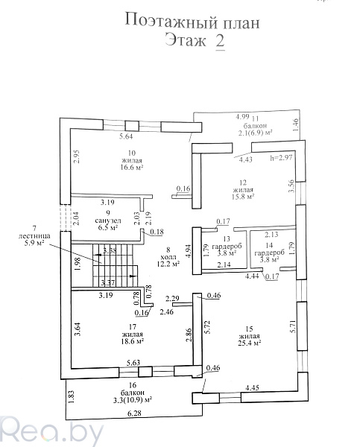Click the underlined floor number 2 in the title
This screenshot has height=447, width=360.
click(x=220, y=42)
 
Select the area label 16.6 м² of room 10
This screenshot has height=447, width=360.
click(x=132, y=168)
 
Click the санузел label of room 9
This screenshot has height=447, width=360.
click(x=108, y=221)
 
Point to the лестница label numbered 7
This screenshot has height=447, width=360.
click(x=34, y=235)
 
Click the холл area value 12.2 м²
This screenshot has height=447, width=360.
click(x=168, y=264)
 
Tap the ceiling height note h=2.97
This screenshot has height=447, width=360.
click(x=281, y=157)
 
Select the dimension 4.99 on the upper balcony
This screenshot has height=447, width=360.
click(x=242, y=116)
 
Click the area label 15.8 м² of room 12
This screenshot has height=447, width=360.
click(x=243, y=197)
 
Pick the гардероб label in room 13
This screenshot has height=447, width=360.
click(x=227, y=246)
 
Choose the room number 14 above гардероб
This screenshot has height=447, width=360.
click(x=269, y=245)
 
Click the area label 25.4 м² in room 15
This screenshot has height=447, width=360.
click(x=250, y=343)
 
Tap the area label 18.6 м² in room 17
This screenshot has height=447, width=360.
click(x=133, y=341)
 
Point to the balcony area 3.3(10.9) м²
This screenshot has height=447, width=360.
click(x=133, y=399)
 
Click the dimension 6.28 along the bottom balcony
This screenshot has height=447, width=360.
click(x=135, y=413)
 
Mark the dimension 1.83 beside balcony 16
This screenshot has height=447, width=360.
click(x=72, y=396)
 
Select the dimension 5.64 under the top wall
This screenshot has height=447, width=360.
click(x=126, y=136)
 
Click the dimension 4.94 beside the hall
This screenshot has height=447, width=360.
click(x=189, y=250)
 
